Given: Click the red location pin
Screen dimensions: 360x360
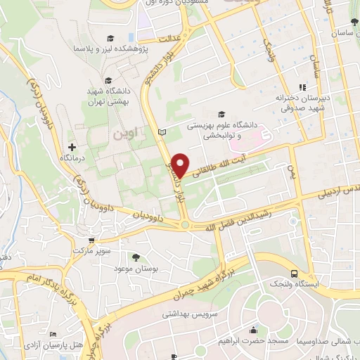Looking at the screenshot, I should tap(181, 164).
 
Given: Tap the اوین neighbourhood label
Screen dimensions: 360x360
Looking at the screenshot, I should tap(119, 134).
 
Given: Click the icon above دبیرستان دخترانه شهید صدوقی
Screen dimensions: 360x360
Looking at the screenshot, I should tap(302, 87).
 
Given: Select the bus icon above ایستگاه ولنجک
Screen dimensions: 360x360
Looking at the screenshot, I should tap(292, 274).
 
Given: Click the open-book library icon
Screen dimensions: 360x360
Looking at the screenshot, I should tap(163, 132).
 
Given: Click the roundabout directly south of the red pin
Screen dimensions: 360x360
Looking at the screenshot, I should tap(186, 224).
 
